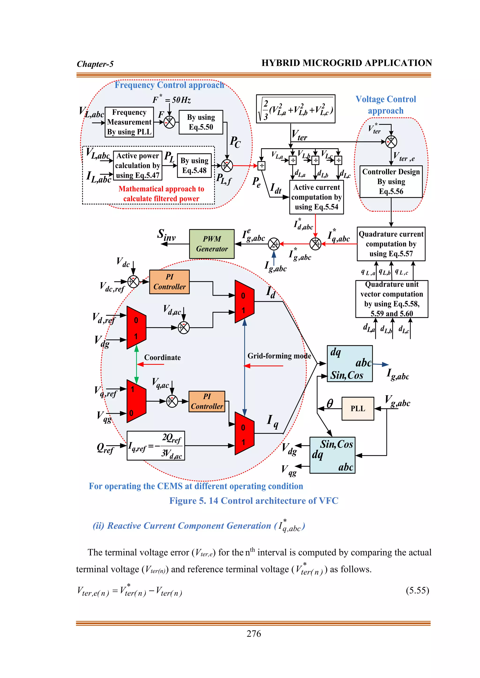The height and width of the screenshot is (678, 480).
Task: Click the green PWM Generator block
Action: point(212,244)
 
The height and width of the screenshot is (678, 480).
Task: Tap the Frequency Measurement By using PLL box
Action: point(129,122)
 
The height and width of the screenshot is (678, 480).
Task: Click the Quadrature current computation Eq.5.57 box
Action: point(391,244)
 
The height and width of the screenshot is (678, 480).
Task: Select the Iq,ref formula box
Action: point(156,446)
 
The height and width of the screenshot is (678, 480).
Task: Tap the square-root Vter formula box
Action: point(295,109)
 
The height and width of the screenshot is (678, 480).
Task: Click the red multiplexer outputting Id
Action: point(244,302)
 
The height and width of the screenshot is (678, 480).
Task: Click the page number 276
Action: point(254,634)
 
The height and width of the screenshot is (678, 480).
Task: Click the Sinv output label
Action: point(166,235)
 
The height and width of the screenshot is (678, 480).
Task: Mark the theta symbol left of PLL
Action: point(330,403)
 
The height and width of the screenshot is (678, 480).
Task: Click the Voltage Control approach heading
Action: point(386,105)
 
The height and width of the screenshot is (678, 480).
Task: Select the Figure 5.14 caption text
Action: point(254,501)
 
